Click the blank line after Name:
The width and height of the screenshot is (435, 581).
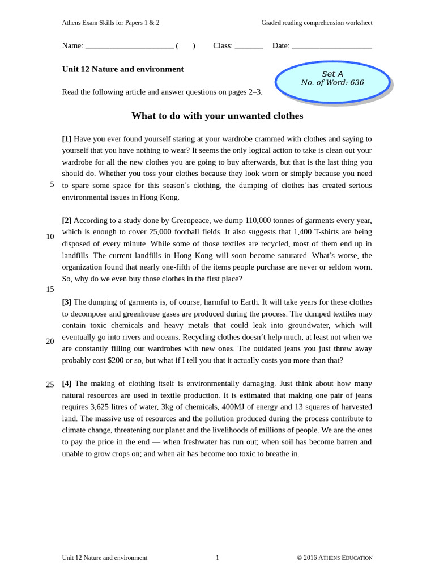(129, 47)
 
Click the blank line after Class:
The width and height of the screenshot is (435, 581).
(249, 47)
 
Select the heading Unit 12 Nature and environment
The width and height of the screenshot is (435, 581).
(123, 69)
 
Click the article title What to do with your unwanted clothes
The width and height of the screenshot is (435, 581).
(217, 116)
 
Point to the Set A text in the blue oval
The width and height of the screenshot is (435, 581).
(332, 74)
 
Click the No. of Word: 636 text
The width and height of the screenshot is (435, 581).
(332, 83)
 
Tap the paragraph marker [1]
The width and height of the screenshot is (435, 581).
(67, 139)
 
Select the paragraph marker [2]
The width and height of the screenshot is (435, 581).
(67, 220)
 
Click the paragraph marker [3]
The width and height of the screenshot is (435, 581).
(67, 302)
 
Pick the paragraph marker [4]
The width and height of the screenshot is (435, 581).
(67, 384)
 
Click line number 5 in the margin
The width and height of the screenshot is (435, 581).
(52, 184)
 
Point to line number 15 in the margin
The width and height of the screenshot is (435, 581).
(50, 289)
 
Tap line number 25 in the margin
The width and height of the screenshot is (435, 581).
(50, 385)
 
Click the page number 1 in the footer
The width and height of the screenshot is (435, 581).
(217, 558)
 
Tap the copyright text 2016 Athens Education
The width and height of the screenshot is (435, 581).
(338, 558)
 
